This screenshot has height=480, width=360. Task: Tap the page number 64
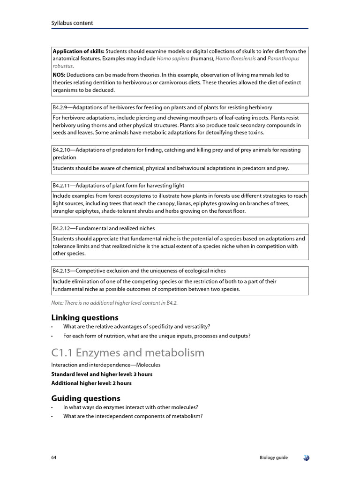pyautogui.click(x=54, y=457)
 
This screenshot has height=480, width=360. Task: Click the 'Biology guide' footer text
pyautogui.click(x=274, y=457)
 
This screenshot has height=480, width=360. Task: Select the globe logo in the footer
pyautogui.click(x=306, y=457)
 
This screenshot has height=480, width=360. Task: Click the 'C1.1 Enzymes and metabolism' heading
pyautogui.click(x=127, y=352)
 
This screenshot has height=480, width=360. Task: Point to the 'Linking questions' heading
pyautogui.click(x=84, y=318)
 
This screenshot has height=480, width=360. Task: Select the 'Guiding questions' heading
pyautogui.click(x=85, y=398)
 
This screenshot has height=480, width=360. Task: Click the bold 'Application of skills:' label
pyautogui.click(x=78, y=51)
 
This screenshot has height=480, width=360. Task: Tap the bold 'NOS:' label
pyautogui.click(x=59, y=75)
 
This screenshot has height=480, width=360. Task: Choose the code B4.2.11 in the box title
pyautogui.click(x=63, y=186)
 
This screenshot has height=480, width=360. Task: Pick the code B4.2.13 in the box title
pyautogui.click(x=63, y=271)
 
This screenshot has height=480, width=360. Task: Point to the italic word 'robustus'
pyautogui.click(x=63, y=66)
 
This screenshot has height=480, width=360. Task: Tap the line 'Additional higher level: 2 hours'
pyautogui.click(x=91, y=383)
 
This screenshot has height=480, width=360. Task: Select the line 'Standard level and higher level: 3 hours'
pyautogui.click(x=101, y=374)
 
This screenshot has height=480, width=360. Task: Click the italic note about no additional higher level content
pyautogui.click(x=114, y=303)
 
